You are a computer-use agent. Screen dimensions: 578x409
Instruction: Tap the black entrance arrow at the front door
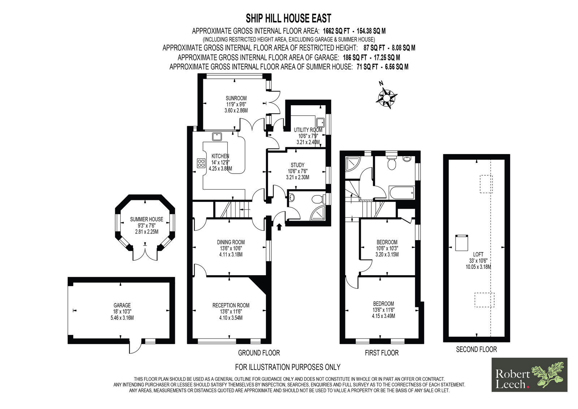tap(279, 227)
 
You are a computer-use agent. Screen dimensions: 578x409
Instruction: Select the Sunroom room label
tap(236, 98)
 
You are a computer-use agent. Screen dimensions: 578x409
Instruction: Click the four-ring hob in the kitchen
tap(201, 163)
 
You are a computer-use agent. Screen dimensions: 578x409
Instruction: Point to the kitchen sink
tap(217, 136)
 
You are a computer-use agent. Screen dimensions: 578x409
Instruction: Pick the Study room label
tap(298, 165)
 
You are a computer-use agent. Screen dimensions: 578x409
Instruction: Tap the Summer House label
tap(147, 220)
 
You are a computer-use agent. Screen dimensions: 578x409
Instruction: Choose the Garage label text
tap(122, 305)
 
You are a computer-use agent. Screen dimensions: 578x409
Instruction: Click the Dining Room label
tap(231, 242)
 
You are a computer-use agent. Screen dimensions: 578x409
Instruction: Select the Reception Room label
tap(231, 305)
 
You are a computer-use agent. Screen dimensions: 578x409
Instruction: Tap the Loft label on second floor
tap(478, 255)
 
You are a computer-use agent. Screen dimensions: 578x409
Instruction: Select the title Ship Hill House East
tap(289, 18)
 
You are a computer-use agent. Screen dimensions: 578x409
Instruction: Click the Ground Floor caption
tap(259, 353)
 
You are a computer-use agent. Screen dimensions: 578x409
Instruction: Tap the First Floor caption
tap(381, 353)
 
